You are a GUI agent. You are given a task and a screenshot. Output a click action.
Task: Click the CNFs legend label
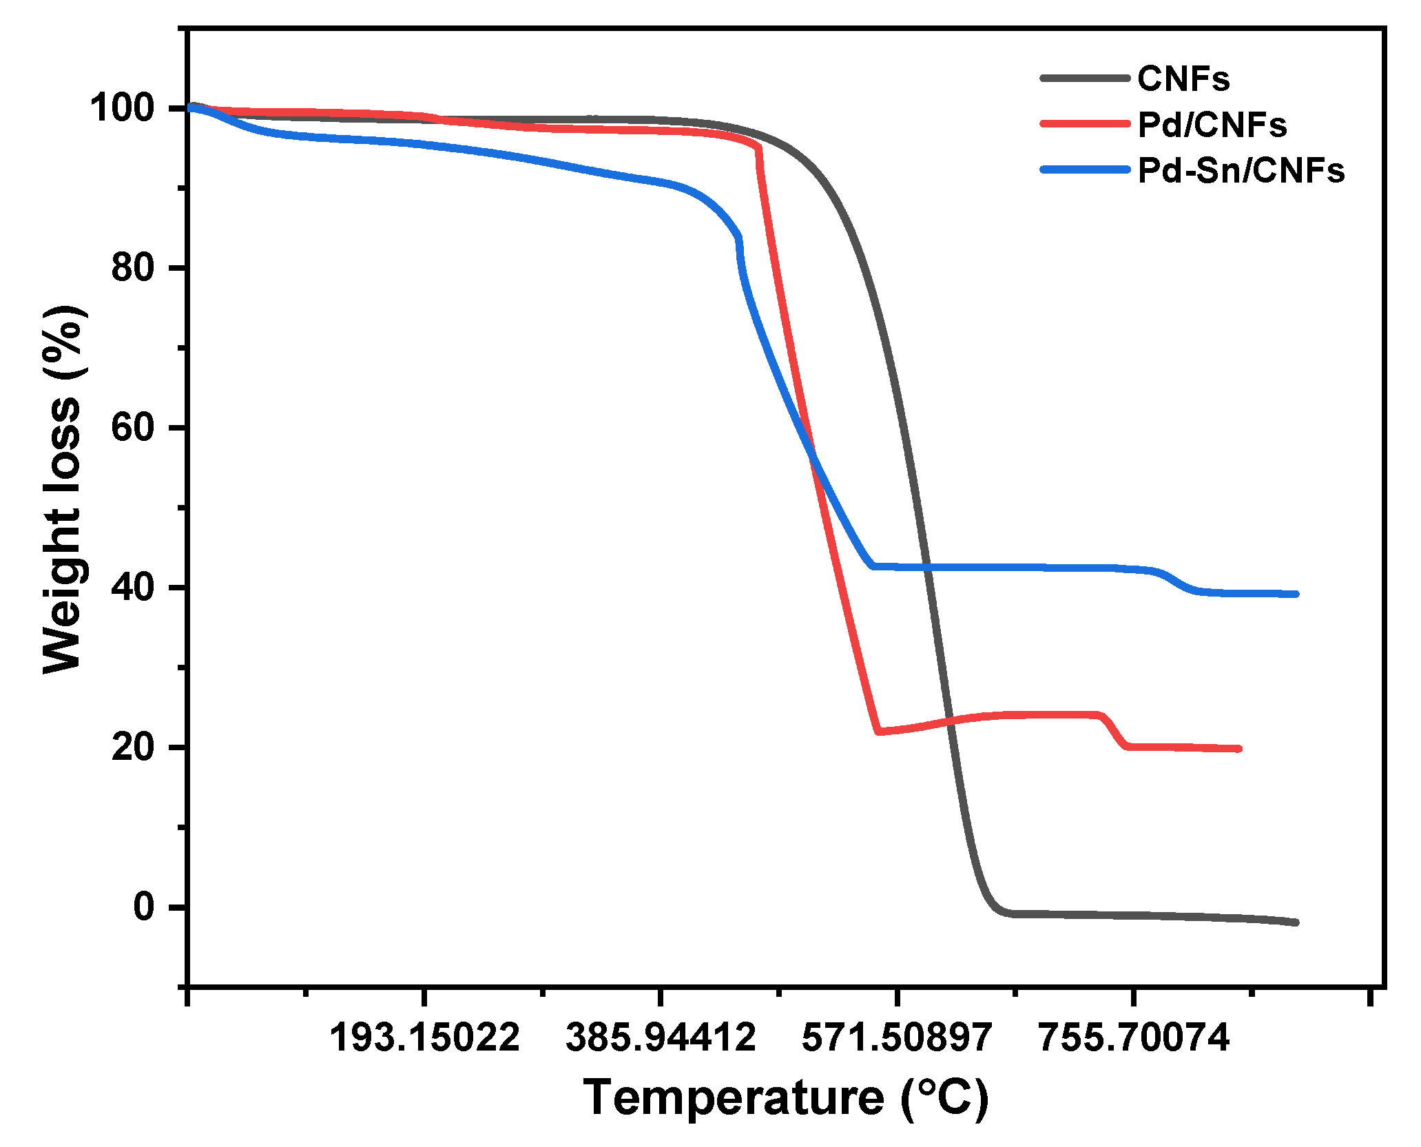[1183, 79]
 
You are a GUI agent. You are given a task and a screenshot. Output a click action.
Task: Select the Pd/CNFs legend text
[1212, 125]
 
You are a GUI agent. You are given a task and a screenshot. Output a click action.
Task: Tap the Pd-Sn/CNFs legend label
[1240, 170]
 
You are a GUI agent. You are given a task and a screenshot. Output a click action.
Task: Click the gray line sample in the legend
[1084, 79]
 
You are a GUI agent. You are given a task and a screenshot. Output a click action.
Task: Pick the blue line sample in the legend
[1084, 169]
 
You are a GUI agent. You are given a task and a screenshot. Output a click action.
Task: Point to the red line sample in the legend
[1084, 124]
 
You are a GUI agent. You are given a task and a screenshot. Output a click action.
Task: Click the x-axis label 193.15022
[424, 1037]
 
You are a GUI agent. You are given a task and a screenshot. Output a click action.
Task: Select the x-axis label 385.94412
[661, 1037]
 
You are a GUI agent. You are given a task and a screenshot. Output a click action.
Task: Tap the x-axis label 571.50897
[897, 1037]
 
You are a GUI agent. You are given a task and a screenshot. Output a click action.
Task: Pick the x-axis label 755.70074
[1133, 1037]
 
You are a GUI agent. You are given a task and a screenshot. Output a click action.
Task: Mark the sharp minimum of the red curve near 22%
[878, 732]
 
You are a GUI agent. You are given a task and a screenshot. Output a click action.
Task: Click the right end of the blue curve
[1296, 594]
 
